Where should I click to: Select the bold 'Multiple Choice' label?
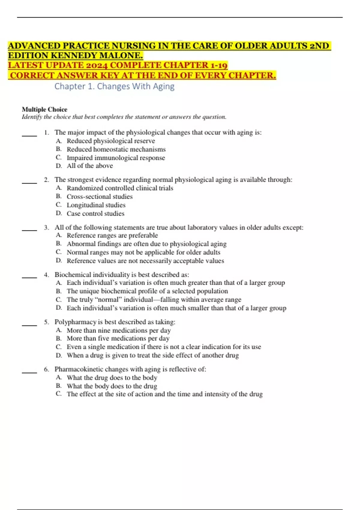click(44, 109)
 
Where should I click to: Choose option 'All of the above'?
click(90, 166)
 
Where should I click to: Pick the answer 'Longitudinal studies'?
click(96, 205)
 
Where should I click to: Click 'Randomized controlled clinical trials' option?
click(120, 188)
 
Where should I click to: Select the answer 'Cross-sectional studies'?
click(100, 197)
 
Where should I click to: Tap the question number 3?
click(46, 228)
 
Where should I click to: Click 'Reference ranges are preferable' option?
click(112, 235)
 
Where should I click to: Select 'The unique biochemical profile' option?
click(147, 291)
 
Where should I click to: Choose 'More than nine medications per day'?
click(118, 331)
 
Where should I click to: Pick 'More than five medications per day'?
click(118, 339)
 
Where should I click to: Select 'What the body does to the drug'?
click(112, 386)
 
